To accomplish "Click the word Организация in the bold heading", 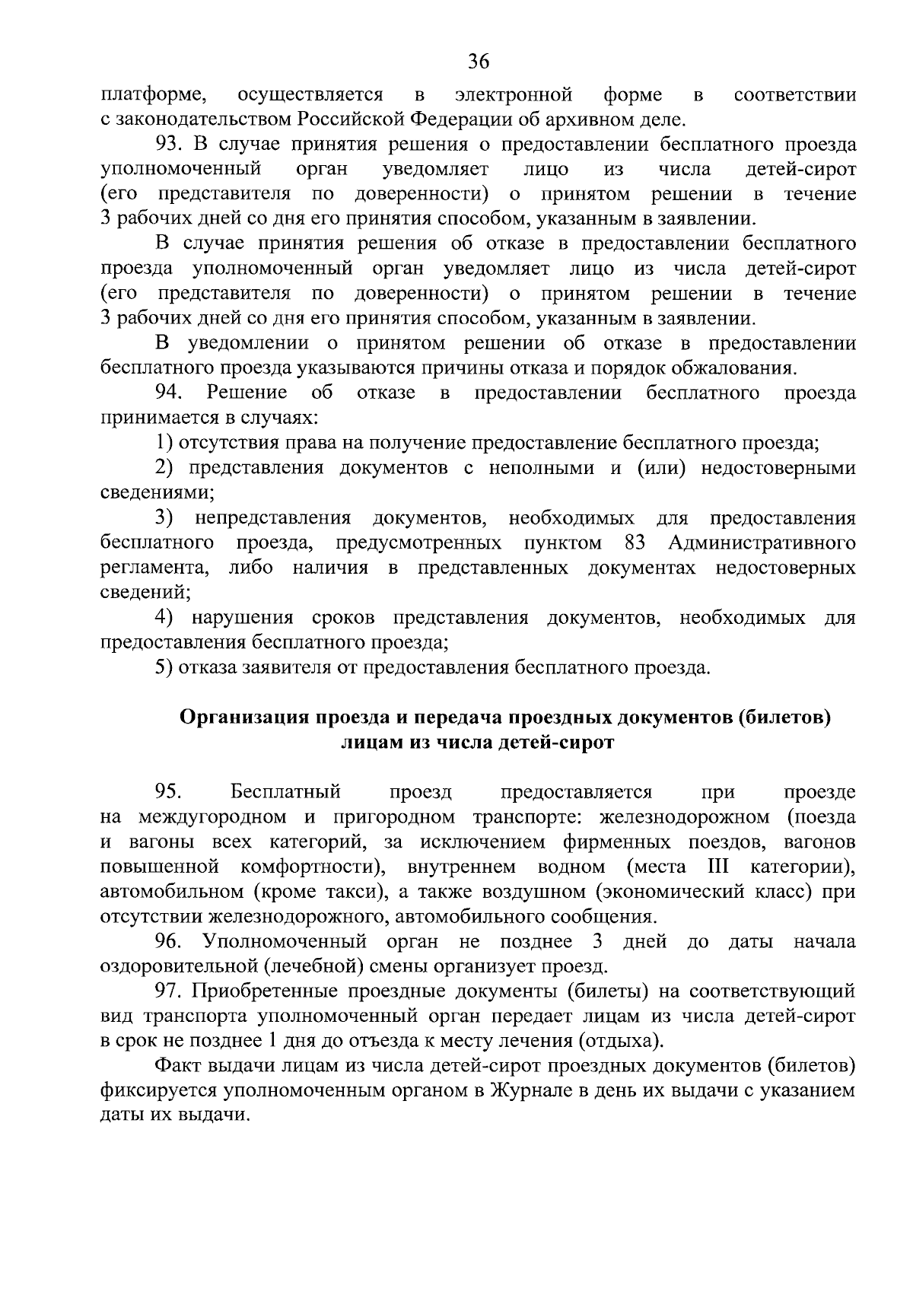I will point(244,717).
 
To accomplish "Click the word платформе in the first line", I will point(152,95).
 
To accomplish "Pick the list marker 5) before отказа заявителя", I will point(164,667).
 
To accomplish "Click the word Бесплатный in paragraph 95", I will point(285,792).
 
